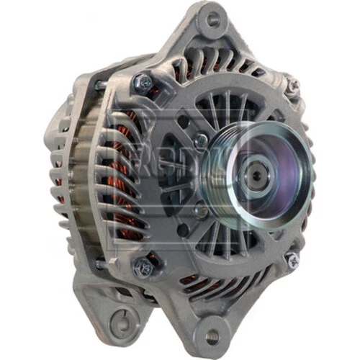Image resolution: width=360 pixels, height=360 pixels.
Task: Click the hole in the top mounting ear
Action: coord(212,20)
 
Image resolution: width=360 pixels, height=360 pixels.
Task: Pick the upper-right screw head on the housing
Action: coord(292,86)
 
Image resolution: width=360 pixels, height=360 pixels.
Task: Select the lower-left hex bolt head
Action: coord(144,268)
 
